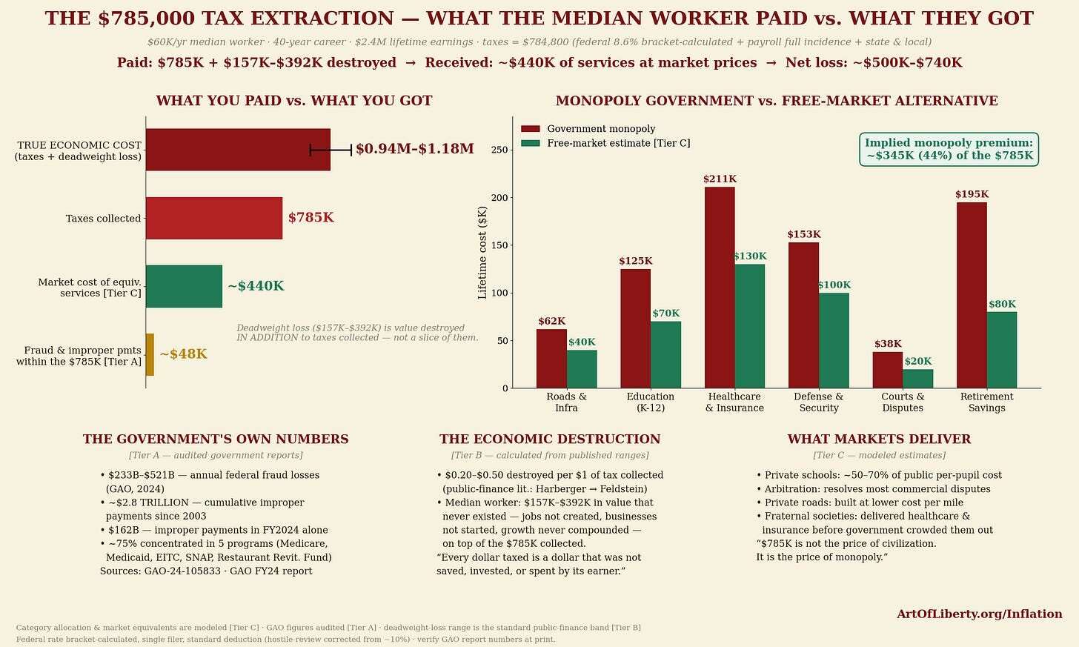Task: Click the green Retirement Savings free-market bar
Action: pyautogui.click(x=1001, y=350)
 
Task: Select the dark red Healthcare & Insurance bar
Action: pyautogui.click(x=720, y=288)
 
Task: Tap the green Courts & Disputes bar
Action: pyautogui.click(x=917, y=379)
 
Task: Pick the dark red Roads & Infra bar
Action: pyautogui.click(x=551, y=359)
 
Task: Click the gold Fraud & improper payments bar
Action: pyautogui.click(x=150, y=354)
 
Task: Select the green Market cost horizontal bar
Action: pyautogui.click(x=184, y=286)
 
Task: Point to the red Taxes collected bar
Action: pyautogui.click(x=214, y=218)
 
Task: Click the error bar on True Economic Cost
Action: pyautogui.click(x=331, y=150)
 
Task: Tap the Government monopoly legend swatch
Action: pyautogui.click(x=531, y=129)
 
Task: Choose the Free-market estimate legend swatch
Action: pyautogui.click(x=531, y=144)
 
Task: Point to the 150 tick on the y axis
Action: pyautogui.click(x=500, y=245)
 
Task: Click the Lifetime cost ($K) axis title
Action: pyautogui.click(x=482, y=253)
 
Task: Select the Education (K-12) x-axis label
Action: pyautogui.click(x=651, y=402)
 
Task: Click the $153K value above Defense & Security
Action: pyautogui.click(x=804, y=235)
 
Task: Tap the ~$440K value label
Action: pyautogui.click(x=256, y=286)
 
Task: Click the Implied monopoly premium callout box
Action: pyautogui.click(x=949, y=150)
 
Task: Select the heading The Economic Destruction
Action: pyautogui.click(x=550, y=439)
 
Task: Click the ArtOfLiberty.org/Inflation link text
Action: pyautogui.click(x=979, y=614)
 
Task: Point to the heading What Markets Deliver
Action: pyautogui.click(x=879, y=439)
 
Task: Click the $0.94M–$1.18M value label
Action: pyautogui.click(x=415, y=149)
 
